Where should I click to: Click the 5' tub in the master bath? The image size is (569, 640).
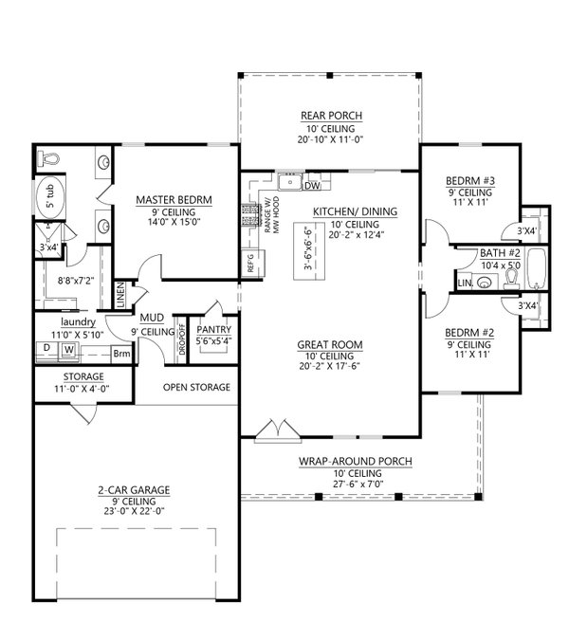click(x=46, y=199)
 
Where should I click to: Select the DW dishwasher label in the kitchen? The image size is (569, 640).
click(x=312, y=185)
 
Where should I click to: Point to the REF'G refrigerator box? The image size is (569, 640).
click(x=249, y=262)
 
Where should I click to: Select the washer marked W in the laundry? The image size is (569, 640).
click(x=68, y=350)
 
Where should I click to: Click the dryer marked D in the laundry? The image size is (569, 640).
click(x=46, y=350)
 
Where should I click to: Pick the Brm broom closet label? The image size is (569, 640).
click(x=121, y=353)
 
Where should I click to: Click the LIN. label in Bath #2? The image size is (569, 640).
click(x=464, y=283)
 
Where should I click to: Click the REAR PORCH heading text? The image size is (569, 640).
click(x=327, y=116)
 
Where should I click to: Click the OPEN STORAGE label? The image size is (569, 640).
click(x=196, y=387)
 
